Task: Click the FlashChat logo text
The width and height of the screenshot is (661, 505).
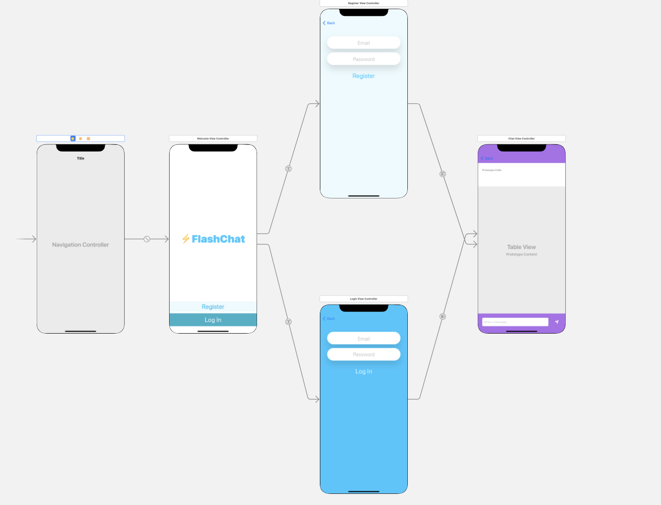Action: coord(218,239)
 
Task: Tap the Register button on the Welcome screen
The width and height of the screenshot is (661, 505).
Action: coord(213,307)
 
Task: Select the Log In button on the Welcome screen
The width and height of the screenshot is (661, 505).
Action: coord(213,320)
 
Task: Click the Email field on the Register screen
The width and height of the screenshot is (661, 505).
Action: coord(363,43)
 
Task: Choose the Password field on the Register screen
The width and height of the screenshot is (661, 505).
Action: coord(363,59)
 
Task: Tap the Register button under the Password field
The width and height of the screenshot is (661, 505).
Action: coord(363,76)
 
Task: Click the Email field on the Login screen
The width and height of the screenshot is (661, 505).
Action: coord(363,339)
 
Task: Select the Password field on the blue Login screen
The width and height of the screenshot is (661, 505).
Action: coord(363,355)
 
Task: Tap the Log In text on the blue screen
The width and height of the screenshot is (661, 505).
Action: coord(363,372)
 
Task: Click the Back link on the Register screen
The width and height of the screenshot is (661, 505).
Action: coord(329,23)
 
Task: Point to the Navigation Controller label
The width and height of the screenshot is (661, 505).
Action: coord(80,245)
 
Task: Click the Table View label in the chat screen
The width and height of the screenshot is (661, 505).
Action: coord(521,247)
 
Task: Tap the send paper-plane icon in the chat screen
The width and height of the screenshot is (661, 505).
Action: coord(557,322)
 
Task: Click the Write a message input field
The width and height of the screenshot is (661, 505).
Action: coord(515,322)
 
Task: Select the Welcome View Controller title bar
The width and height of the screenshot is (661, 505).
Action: coord(213,139)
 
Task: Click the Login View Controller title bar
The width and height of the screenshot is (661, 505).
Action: coord(363,299)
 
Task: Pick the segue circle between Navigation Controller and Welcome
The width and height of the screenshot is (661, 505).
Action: coord(147,239)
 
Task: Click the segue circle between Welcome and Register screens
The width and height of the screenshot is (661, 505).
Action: coord(288,168)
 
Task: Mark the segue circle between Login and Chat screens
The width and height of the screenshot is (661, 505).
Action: coord(443,317)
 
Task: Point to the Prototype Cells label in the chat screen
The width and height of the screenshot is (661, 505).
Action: coord(491,170)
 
